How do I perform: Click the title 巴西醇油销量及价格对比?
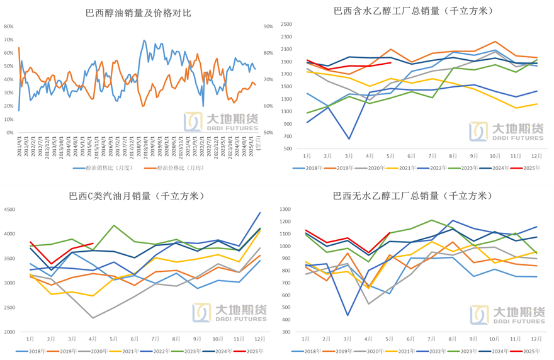point(138,12)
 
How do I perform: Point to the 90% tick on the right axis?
point(268,26)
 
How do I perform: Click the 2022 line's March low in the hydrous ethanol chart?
point(348,139)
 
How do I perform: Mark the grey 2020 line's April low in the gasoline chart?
point(93,318)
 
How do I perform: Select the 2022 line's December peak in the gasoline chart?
point(259,213)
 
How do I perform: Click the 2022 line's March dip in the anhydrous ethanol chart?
point(348,315)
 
